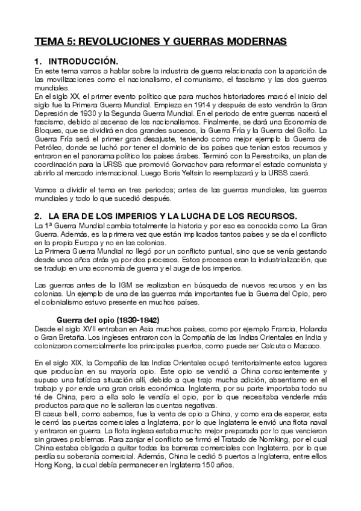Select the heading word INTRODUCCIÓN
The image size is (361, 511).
coord(83,61)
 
